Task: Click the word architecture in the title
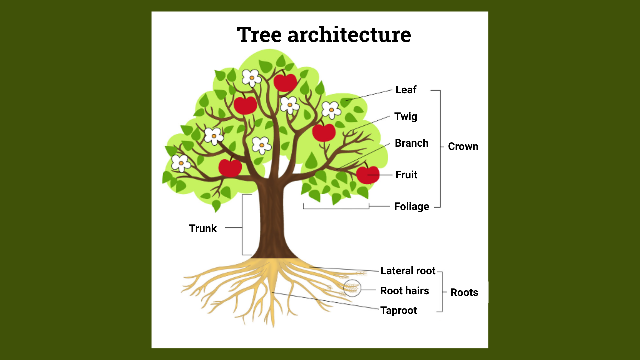click(x=349, y=35)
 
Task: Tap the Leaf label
click(x=406, y=90)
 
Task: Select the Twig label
click(x=406, y=117)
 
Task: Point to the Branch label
click(x=412, y=143)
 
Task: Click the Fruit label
click(x=406, y=175)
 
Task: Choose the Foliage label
click(x=412, y=207)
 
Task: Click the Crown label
click(x=463, y=146)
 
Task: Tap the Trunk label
click(x=203, y=228)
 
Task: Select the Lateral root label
click(x=408, y=271)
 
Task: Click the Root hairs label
click(x=405, y=291)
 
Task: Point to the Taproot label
click(x=399, y=311)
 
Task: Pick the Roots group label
click(x=464, y=292)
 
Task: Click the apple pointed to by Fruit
click(x=368, y=174)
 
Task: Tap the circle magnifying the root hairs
click(x=352, y=288)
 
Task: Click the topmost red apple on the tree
click(x=285, y=82)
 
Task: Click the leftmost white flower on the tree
click(x=180, y=163)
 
